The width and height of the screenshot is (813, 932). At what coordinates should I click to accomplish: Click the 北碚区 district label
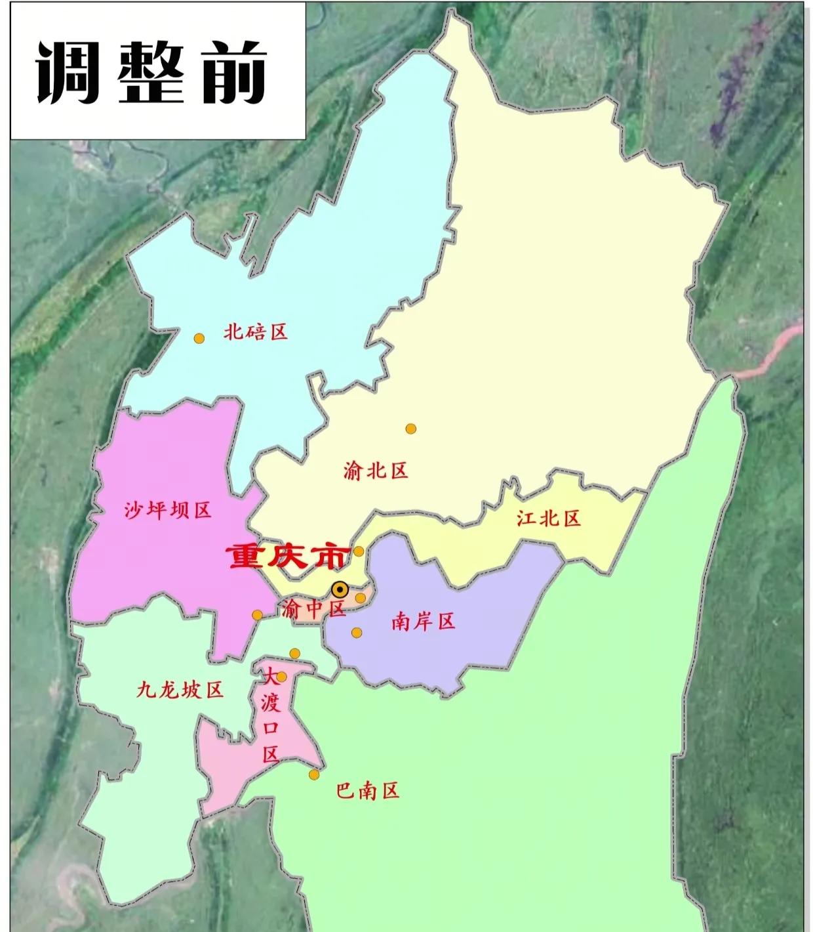pos(256,331)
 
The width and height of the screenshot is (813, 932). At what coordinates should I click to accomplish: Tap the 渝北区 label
pos(376,471)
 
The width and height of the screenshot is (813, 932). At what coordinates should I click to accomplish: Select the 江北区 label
pos(549,519)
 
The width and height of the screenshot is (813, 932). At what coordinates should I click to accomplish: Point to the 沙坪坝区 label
pos(168,510)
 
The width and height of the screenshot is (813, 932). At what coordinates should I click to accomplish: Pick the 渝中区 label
pos(313,609)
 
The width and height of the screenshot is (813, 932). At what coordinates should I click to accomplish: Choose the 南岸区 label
pos(423,621)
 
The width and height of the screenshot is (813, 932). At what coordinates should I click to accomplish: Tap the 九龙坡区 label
pos(180,690)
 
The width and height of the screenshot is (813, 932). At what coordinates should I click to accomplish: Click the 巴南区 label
pos(367,790)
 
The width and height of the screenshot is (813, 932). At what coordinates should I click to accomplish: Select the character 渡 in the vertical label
pos(271,704)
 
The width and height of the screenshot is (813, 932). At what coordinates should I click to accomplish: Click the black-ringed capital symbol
pos(340,589)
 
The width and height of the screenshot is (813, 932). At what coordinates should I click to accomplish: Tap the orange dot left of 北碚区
pos(199,338)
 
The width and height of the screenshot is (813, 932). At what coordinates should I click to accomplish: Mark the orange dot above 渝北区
pos(411,429)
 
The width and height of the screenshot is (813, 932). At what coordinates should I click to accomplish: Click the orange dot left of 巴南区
pos(314,774)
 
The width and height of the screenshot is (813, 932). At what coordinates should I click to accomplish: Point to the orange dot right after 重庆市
pos(359,551)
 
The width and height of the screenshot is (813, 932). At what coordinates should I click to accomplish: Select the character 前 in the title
pos(235,73)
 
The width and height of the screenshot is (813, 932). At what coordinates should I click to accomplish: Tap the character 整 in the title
pos(150,73)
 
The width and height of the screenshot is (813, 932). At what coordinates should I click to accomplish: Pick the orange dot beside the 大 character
pos(281,677)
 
